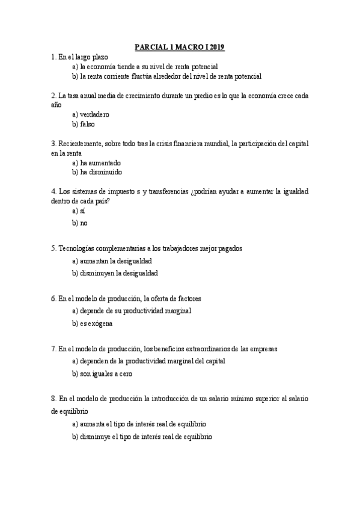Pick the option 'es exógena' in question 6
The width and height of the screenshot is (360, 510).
click(96, 323)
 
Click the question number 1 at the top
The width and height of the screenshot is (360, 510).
click(53, 57)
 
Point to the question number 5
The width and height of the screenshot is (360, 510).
click(53, 248)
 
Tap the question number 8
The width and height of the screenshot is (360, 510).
click(53, 399)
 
